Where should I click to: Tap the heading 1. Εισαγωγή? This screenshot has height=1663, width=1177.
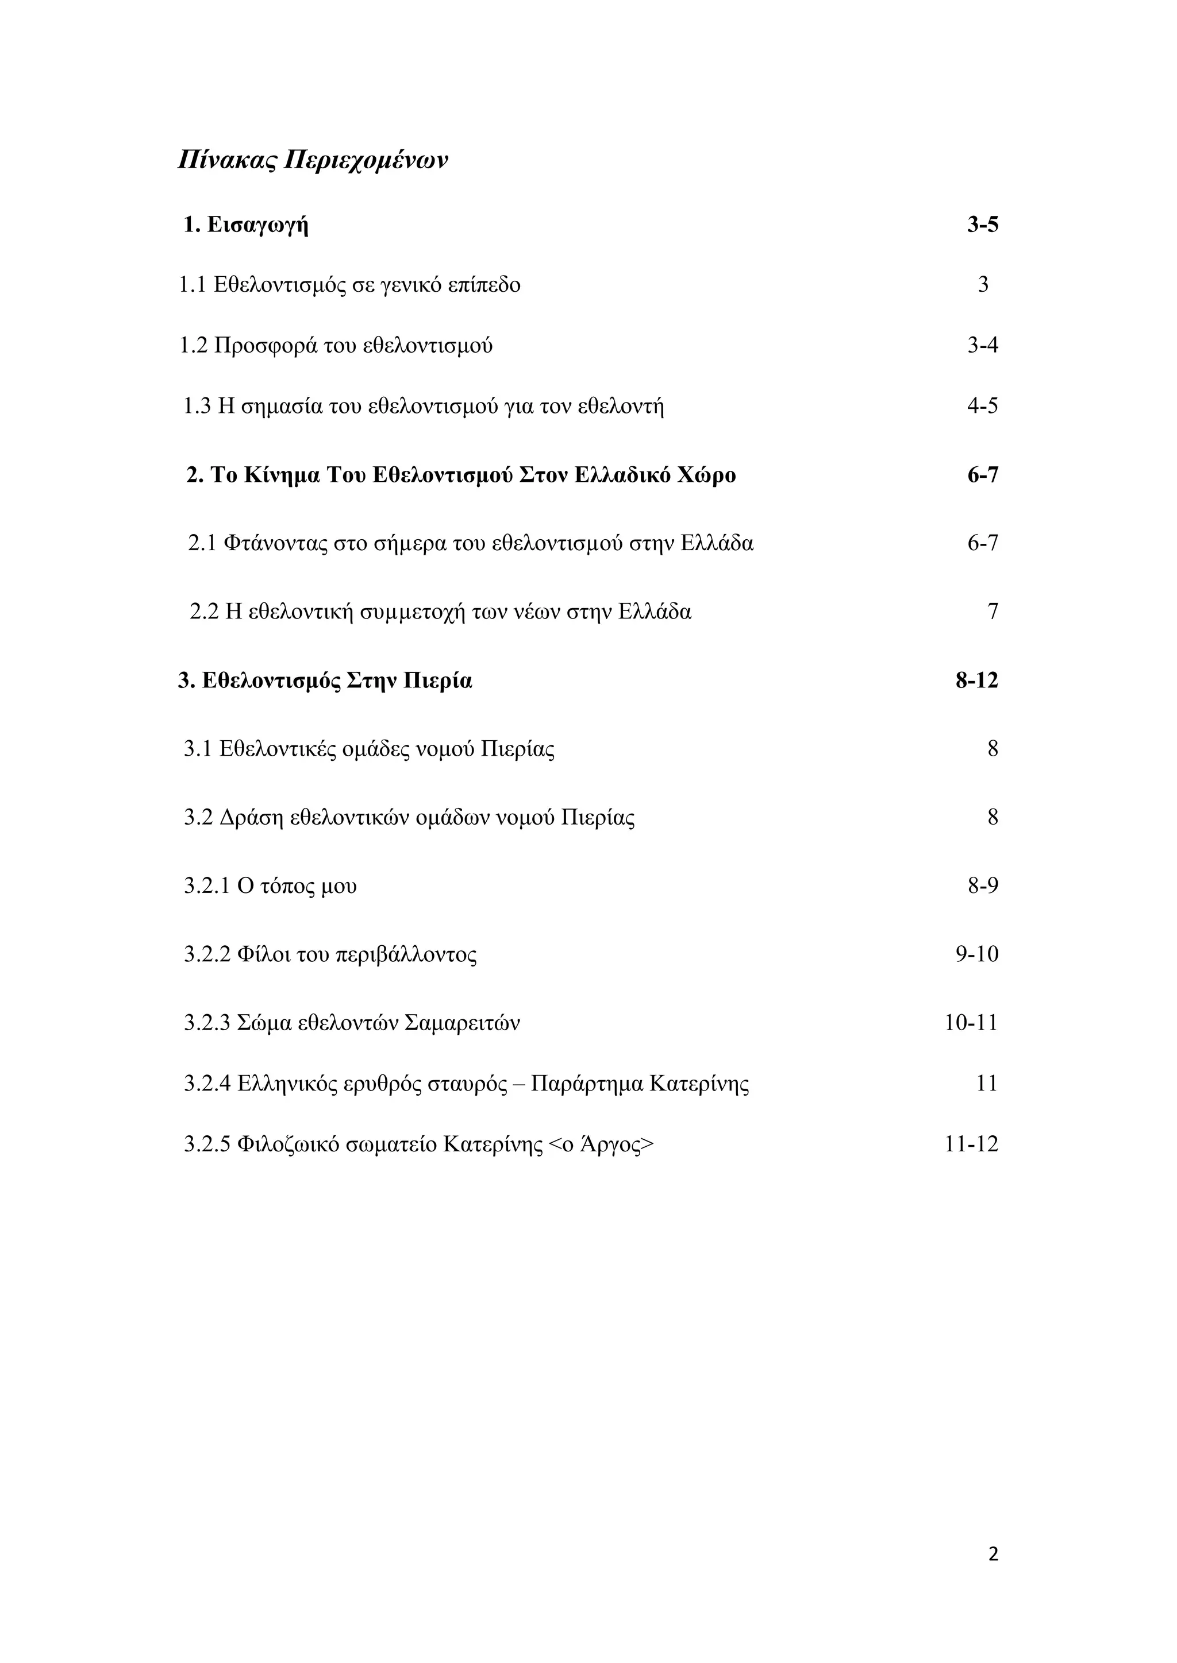pos(246,225)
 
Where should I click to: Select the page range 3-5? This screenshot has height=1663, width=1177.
pos(982,225)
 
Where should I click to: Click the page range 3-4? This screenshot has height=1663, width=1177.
pos(982,346)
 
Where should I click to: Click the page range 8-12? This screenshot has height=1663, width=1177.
pos(976,681)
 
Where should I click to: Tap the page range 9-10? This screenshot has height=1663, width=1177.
pos(976,954)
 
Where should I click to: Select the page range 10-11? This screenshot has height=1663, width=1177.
pos(971,1023)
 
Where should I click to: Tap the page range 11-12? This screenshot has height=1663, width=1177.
pos(971,1145)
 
